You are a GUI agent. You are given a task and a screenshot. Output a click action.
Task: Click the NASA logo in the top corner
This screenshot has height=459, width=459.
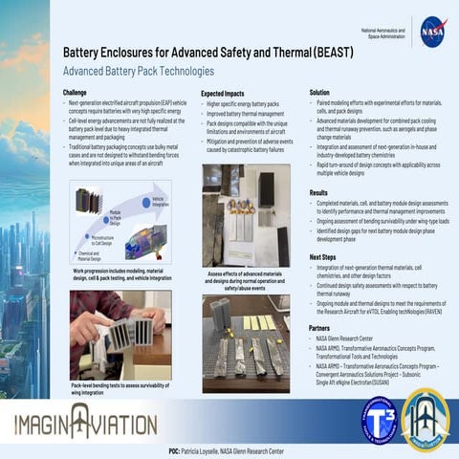coord(433,32)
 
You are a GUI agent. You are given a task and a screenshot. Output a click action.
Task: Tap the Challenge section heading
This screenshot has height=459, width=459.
coord(81,93)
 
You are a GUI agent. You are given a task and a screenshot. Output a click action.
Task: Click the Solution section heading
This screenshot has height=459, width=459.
coord(319,93)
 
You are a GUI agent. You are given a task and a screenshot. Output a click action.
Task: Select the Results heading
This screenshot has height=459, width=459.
coord(318,192)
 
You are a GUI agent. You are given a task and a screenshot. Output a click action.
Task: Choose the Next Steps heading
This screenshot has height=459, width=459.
coord(323,257)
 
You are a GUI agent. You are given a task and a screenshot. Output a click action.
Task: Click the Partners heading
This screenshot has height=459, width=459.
coord(320,327)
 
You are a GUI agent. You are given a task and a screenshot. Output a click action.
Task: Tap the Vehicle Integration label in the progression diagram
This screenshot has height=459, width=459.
coord(158,201)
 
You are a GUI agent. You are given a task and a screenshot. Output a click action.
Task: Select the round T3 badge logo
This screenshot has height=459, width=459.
coord(380,419)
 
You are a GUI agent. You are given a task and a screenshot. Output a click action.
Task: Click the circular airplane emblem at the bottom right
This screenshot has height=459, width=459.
coord(425,419)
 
